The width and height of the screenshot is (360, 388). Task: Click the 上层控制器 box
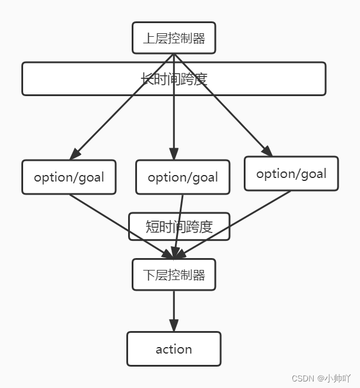point(173,39)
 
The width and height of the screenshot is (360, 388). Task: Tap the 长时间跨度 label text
point(173,79)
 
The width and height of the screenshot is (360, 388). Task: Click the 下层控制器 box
point(173,275)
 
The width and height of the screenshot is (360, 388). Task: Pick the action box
point(173,349)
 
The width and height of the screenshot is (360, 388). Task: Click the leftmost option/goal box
point(69,177)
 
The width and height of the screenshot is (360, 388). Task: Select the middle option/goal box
point(182,177)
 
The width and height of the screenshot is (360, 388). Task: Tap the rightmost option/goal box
point(291,174)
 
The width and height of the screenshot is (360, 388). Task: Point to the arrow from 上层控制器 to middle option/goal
point(173,113)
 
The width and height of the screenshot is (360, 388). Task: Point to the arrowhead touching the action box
point(173,325)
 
